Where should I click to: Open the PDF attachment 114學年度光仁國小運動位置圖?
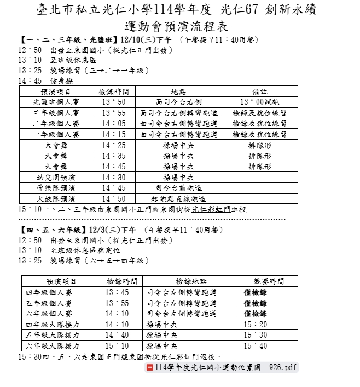point(226,368)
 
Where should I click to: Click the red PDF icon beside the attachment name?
point(149,368)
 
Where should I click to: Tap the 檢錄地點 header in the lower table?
point(191,281)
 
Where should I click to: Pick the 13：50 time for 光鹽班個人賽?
point(114,102)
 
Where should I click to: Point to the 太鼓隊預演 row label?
point(56,198)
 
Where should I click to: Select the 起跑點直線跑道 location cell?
point(178,198)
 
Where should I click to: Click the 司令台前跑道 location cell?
point(178,187)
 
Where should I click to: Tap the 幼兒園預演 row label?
point(56,177)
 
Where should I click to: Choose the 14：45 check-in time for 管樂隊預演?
point(114,187)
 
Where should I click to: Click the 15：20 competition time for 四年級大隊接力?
point(256,324)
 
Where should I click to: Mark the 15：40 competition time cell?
point(256,346)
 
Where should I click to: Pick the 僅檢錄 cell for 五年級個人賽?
point(256,303)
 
